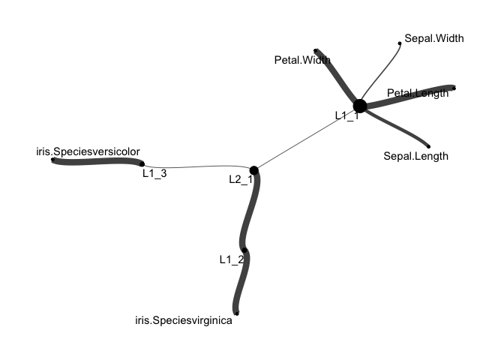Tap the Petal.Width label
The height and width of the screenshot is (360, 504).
pyautogui.click(x=303, y=60)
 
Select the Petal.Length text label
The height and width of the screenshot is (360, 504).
pyautogui.click(x=418, y=93)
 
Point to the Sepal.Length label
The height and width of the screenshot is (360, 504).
pyautogui.click(x=415, y=156)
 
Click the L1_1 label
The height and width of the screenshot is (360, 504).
pyautogui.click(x=347, y=115)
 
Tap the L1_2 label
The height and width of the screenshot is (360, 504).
pyautogui.click(x=232, y=259)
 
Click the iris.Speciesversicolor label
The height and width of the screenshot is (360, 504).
pyautogui.click(x=88, y=151)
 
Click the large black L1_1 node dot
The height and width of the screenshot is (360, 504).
pyautogui.click(x=359, y=106)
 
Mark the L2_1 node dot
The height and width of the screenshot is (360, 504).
pyautogui.click(x=254, y=170)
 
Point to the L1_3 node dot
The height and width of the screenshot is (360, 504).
pyautogui.click(x=142, y=163)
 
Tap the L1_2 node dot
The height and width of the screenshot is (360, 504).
pyautogui.click(x=244, y=250)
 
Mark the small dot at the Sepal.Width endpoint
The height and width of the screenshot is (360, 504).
pyautogui.click(x=400, y=43)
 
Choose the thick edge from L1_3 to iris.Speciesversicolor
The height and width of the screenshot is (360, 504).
pyautogui.click(x=97, y=161)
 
